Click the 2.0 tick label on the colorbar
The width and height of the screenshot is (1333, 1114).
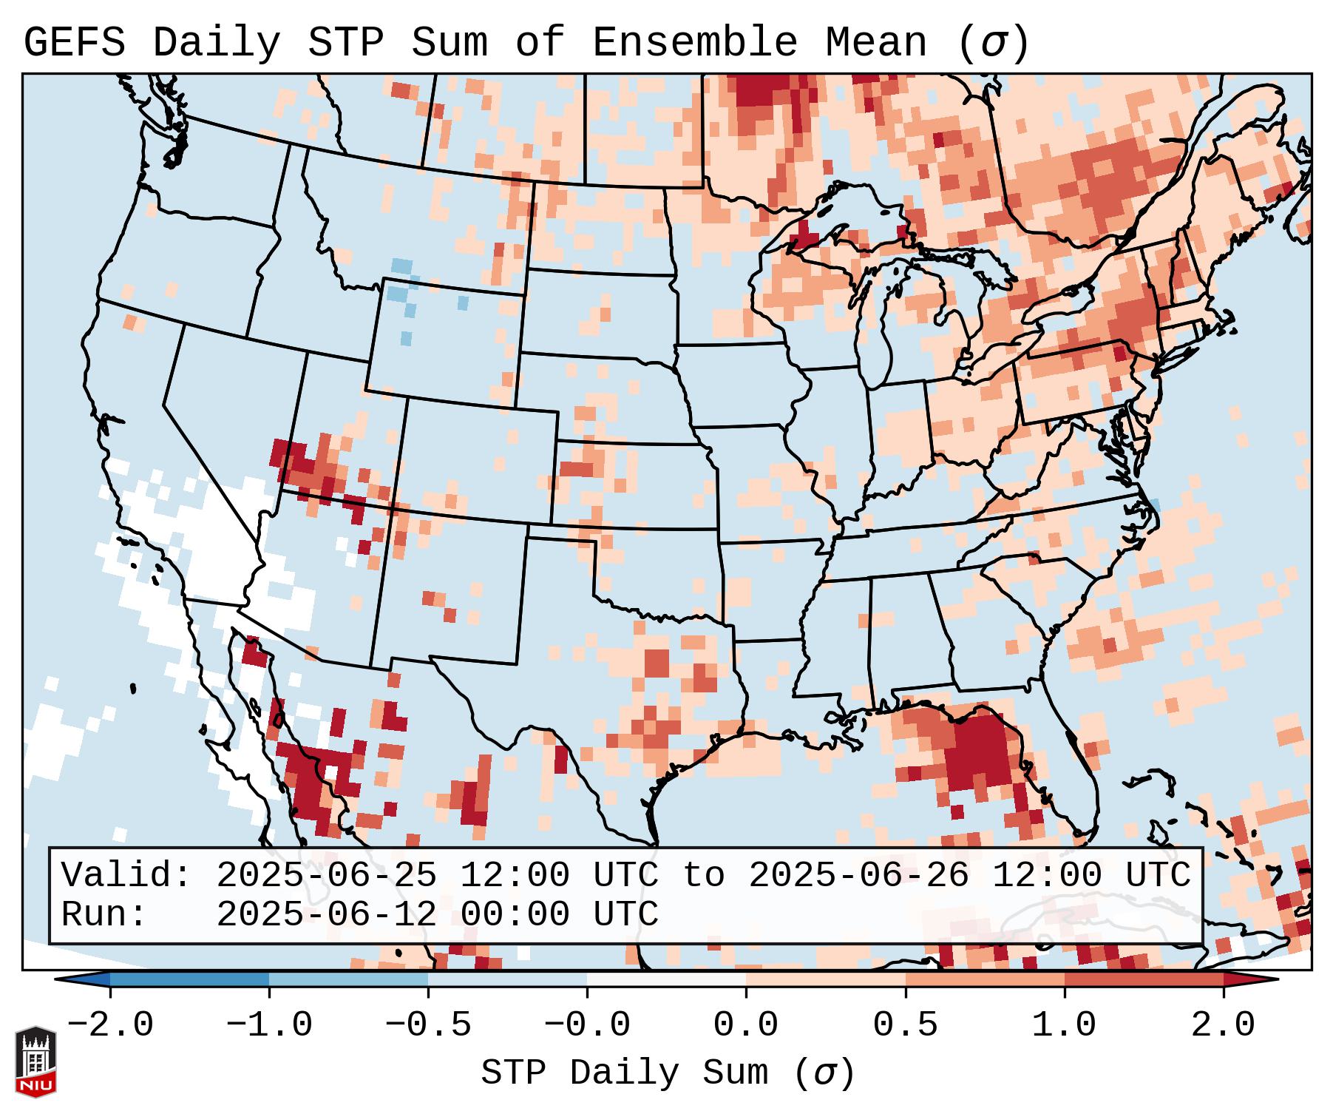(1223, 1025)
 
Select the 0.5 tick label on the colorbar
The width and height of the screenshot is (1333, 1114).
(905, 1025)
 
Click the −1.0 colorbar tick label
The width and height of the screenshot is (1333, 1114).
(268, 1025)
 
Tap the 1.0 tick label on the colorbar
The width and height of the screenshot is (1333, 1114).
(1064, 1025)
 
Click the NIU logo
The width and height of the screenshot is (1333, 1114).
(35, 1061)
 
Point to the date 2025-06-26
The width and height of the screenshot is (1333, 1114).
(858, 875)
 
